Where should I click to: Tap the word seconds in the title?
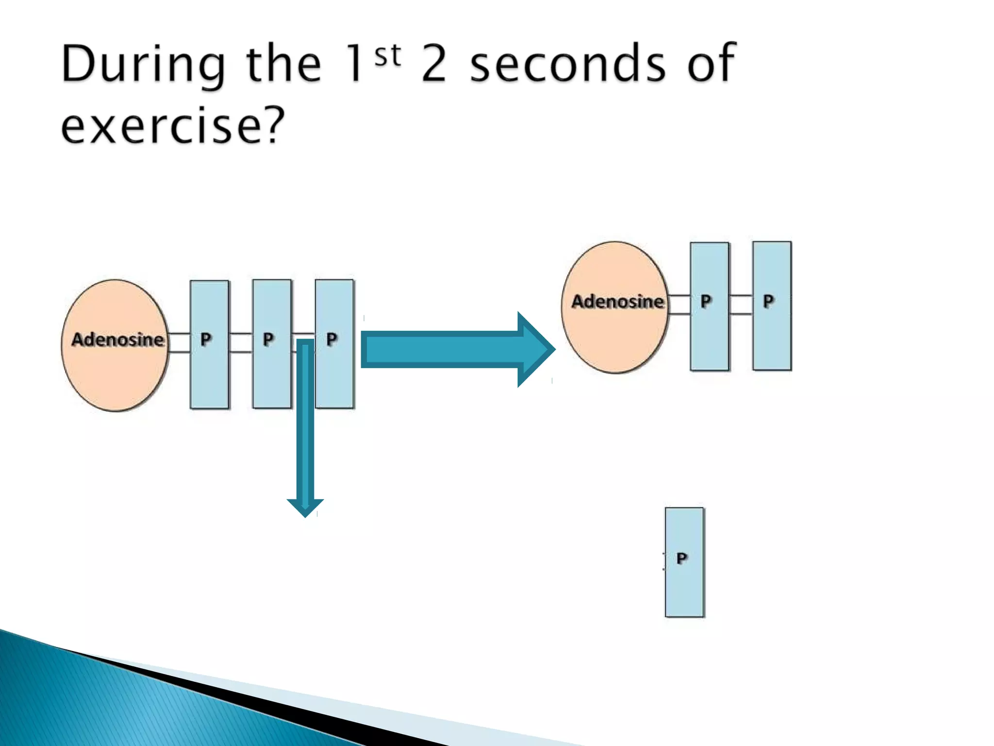(x=568, y=64)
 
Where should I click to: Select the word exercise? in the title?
(x=173, y=125)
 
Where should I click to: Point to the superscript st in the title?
(x=388, y=55)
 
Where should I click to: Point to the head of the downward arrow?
(x=305, y=507)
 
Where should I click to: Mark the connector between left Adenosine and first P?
(x=179, y=342)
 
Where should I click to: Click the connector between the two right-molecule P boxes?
(x=741, y=305)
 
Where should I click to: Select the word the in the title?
(x=283, y=64)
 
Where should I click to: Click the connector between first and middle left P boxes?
(x=241, y=342)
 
